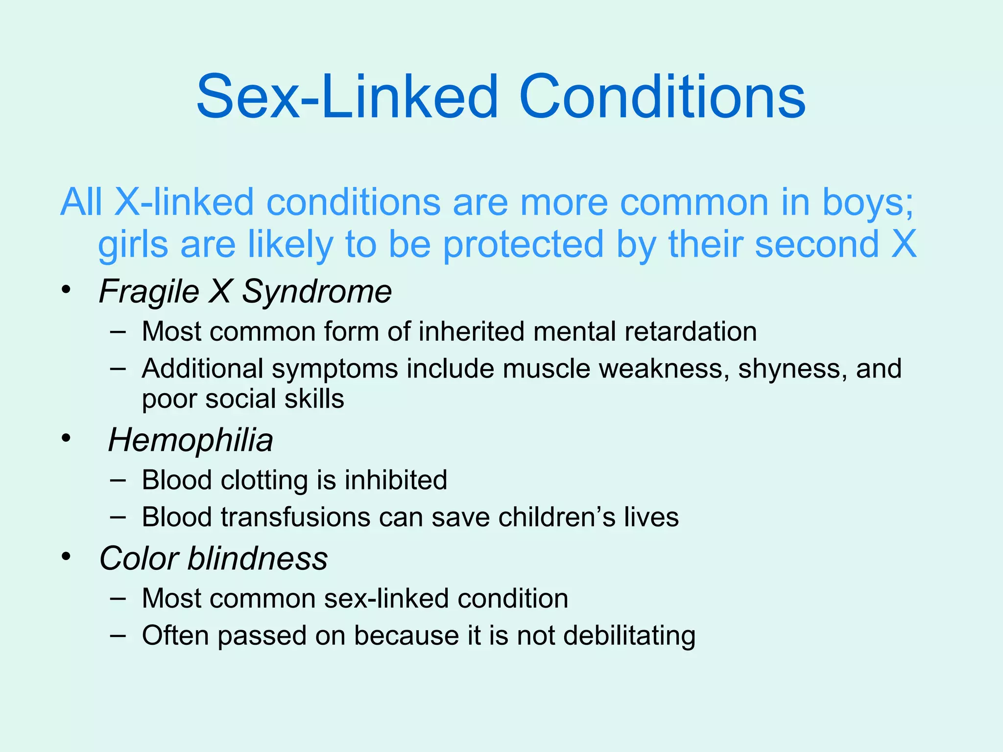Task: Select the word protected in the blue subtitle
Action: tap(523, 245)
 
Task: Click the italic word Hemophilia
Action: tap(191, 440)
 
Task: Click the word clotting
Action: tap(264, 480)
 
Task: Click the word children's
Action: tap(556, 517)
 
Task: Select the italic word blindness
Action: tap(258, 559)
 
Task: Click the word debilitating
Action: tap(629, 636)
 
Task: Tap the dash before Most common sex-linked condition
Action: tap(118, 598)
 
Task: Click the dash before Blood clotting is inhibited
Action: tap(118, 480)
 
